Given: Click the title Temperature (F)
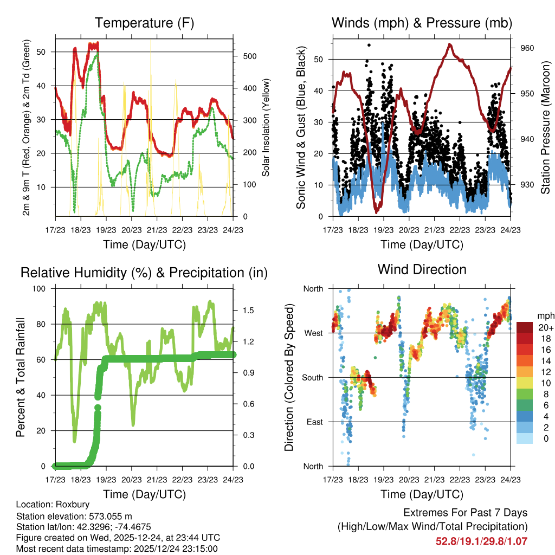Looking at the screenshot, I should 144,23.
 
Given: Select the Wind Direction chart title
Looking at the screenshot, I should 422,269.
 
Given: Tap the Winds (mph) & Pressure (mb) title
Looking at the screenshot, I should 422,23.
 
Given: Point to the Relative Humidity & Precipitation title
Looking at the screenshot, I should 144,273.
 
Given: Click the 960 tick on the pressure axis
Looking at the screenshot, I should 527,48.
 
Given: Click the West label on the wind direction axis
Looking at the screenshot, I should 313,333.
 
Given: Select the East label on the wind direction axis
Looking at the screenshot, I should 314,422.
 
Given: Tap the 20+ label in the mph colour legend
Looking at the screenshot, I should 545,328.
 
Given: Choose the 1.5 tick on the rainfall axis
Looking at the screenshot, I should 249,311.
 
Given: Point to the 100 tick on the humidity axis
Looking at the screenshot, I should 45,288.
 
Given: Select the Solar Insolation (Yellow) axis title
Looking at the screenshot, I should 266,128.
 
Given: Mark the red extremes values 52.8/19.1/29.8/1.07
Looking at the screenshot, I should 481,541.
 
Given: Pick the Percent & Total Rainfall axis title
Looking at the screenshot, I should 21,377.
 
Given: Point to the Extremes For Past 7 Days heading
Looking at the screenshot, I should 465,513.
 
